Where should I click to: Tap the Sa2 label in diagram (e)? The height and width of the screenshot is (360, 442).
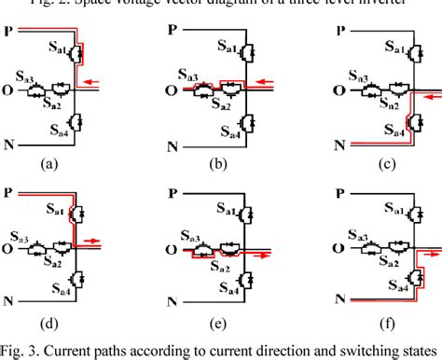point(225,266)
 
